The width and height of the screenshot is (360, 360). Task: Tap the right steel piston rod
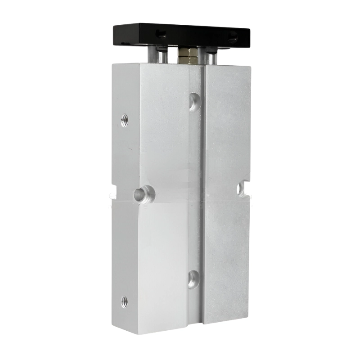(211, 56)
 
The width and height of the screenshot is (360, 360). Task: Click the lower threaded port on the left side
(125, 300)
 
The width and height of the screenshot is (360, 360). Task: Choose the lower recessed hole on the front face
(193, 279)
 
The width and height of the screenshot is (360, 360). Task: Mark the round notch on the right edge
(243, 189)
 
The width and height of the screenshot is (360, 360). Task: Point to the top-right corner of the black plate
(250, 28)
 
